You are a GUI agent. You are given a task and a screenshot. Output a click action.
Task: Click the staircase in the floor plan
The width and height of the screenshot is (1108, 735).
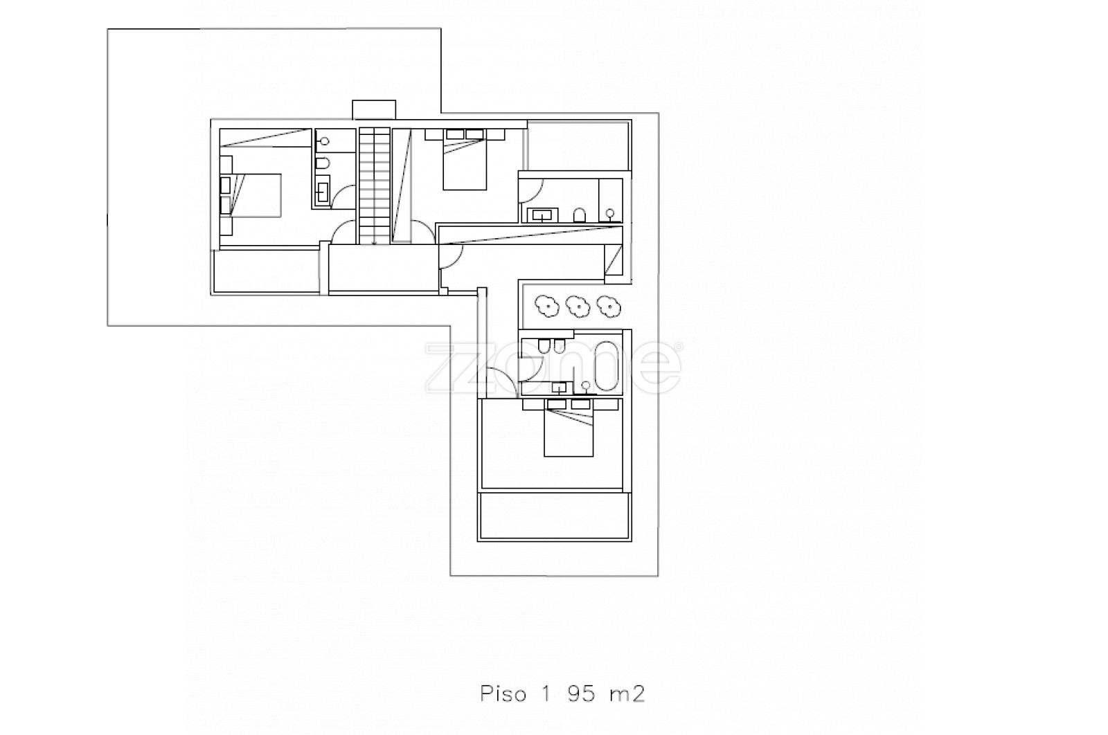375,186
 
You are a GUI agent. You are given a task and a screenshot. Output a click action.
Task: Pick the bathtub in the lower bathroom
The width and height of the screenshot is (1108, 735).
607,366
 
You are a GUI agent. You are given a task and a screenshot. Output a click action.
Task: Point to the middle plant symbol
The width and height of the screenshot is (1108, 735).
577,307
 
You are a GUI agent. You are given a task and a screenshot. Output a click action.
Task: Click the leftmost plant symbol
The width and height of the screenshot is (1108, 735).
546,307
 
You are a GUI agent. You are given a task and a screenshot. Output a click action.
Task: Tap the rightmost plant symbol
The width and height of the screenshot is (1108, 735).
608,307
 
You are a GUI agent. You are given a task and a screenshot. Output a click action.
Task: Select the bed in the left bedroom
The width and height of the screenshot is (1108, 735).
251,195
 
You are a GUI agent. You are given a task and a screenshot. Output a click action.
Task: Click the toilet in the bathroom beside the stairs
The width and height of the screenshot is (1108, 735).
323,163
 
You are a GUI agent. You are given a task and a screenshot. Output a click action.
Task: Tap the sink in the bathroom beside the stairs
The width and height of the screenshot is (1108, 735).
323,191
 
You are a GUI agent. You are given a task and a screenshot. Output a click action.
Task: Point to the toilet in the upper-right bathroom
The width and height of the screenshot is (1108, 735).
579,215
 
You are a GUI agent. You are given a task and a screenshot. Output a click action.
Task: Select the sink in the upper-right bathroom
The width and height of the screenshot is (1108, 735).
543,215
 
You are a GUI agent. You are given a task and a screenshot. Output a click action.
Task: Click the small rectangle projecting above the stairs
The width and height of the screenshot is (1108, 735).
374,109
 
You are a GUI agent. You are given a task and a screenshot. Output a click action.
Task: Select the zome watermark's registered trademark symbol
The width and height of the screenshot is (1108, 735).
678,347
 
